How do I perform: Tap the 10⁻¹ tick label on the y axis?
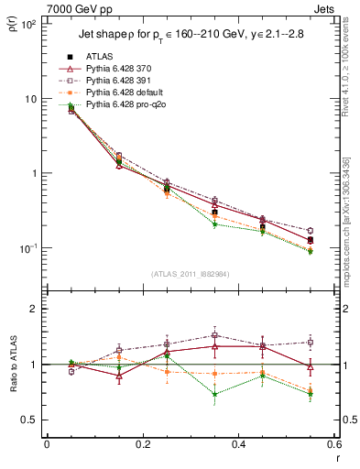[28, 248]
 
